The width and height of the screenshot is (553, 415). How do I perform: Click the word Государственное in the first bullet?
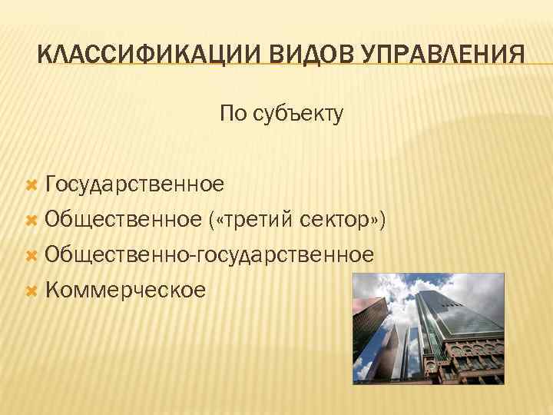point(134,184)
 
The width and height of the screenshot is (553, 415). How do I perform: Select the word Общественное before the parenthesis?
point(123,220)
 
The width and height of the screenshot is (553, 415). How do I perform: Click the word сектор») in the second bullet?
point(342,220)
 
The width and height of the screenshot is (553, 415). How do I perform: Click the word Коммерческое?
point(125,290)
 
